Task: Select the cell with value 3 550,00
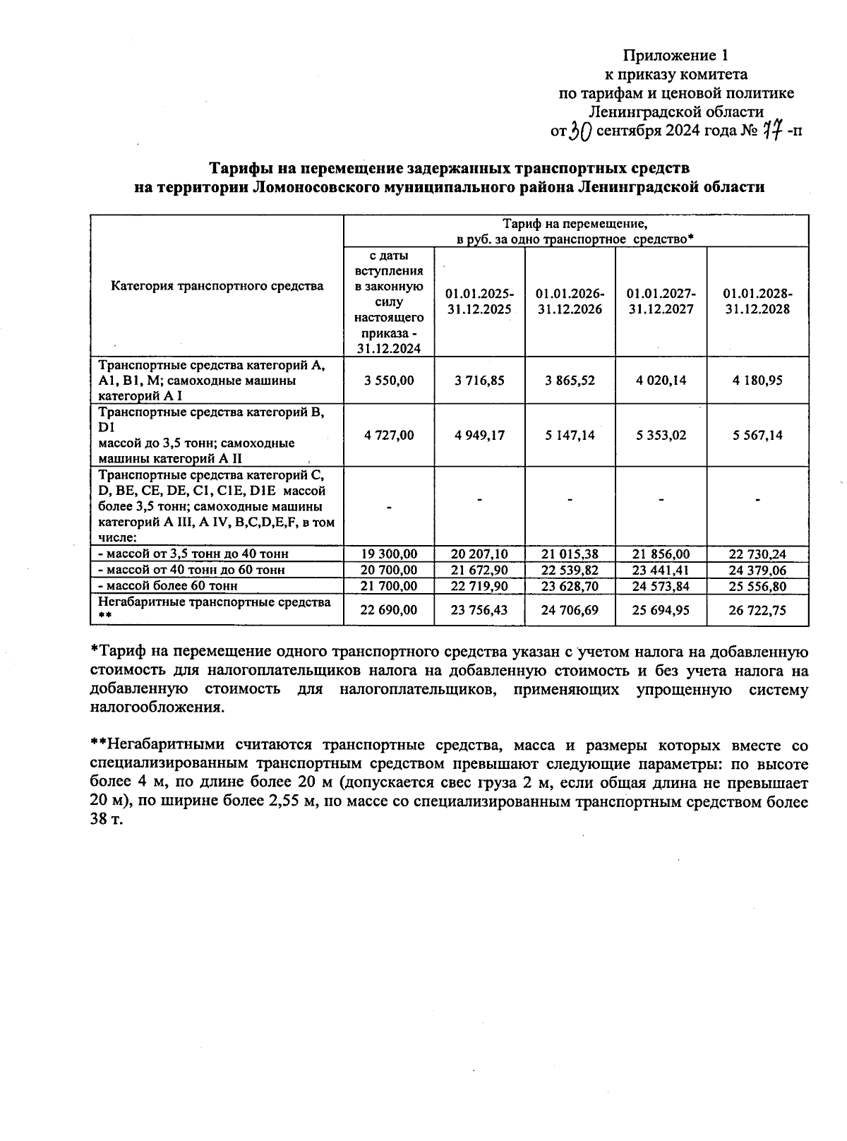coord(389,380)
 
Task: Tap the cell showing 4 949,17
coord(480,435)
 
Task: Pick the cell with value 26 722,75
coord(757,610)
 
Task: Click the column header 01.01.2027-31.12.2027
coord(661,301)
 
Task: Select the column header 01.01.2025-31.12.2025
coord(480,301)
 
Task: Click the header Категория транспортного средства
coord(217,286)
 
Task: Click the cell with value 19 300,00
coord(389,554)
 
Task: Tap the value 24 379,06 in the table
coord(757,570)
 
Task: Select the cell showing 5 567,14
coord(757,435)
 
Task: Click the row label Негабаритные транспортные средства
coord(215,602)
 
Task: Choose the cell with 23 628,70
coord(570,586)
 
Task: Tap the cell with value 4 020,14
coord(661,380)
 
